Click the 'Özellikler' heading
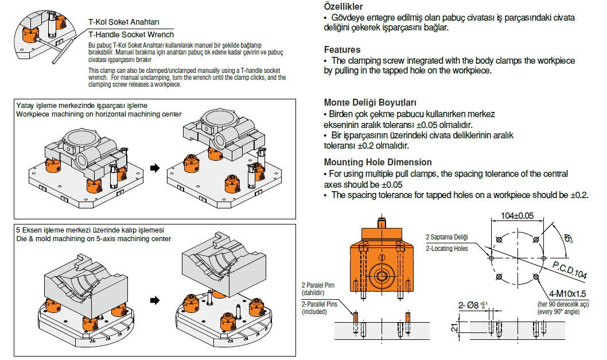[x=343, y=6]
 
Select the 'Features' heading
[x=342, y=49]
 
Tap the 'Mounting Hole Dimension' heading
[x=378, y=162]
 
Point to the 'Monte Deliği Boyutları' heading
[x=370, y=103]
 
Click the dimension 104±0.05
[x=517, y=216]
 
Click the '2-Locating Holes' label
[x=446, y=248]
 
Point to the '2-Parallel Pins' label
[x=319, y=304]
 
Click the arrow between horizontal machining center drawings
[x=154, y=168]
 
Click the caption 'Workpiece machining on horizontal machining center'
[x=95, y=114]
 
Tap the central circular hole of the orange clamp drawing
[x=380, y=274]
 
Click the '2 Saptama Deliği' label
[x=446, y=237]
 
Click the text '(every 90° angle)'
[x=562, y=312]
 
